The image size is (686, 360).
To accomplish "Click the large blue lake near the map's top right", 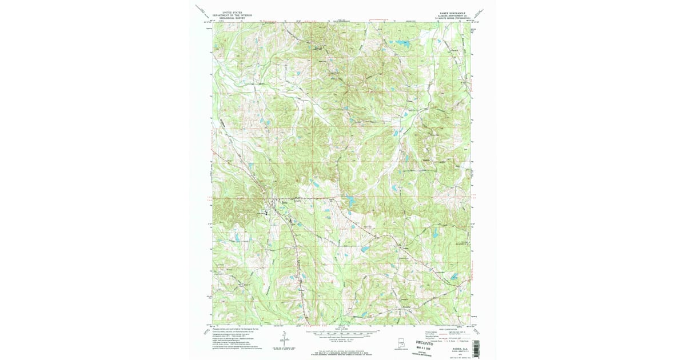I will tap(402, 43).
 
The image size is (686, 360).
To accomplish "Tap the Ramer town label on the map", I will tap(284, 201).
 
